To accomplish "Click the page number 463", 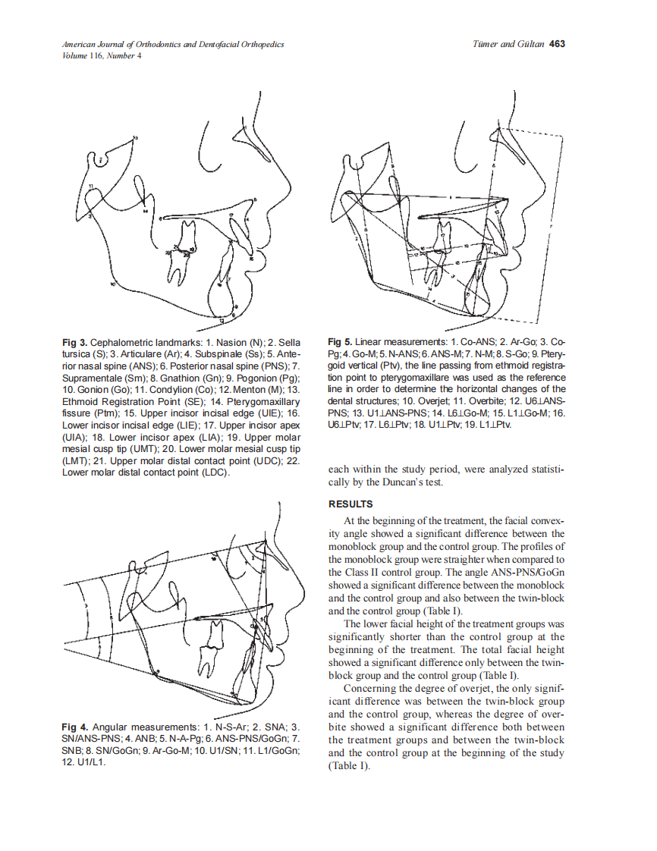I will click(557, 44).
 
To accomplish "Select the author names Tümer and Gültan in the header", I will click(508, 44).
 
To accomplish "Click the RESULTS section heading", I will click(351, 504).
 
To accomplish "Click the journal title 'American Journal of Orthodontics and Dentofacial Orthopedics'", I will click(173, 44).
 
